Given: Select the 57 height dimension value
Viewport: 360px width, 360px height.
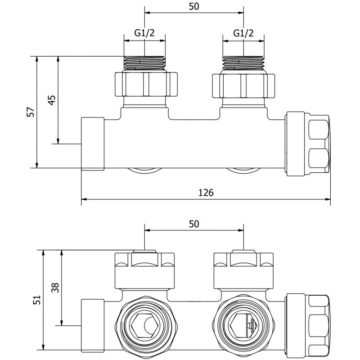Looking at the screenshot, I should click(x=31, y=112).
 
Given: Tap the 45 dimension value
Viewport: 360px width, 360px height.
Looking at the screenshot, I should click(x=52, y=100).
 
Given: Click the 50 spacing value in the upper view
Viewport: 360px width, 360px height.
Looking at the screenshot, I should click(x=193, y=6).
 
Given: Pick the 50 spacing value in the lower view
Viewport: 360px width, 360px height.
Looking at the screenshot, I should click(x=193, y=223).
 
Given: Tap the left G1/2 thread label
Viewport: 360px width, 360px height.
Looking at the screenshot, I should click(x=144, y=33).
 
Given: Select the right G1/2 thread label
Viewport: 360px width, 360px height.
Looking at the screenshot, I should click(x=243, y=33).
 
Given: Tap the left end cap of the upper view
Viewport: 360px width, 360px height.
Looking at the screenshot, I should click(x=93, y=144).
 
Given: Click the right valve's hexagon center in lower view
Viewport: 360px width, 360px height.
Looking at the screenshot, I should click(x=243, y=324).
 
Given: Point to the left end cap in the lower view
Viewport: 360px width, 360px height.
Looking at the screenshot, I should click(x=93, y=324).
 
